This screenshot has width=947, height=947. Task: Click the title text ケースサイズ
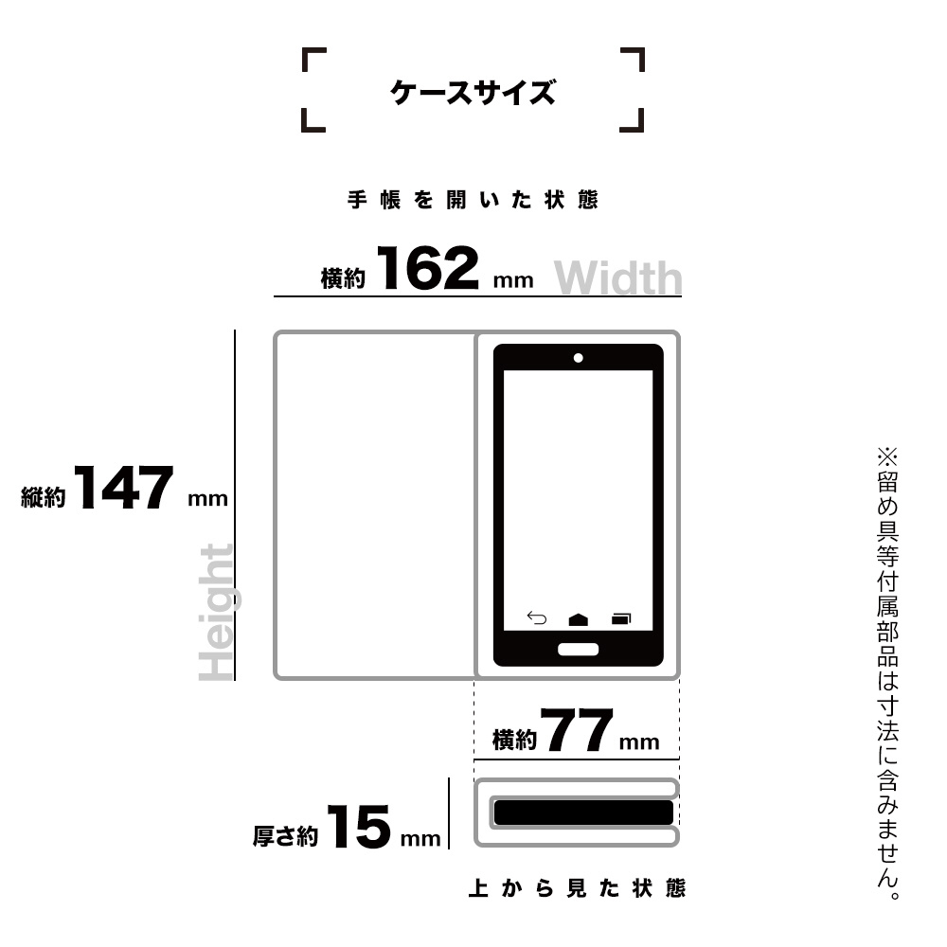click(473, 93)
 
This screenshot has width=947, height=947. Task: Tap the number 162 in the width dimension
click(428, 268)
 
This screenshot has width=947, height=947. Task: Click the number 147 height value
click(123, 488)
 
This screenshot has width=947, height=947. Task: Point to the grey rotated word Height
click(216, 612)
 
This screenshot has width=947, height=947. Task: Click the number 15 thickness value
click(359, 827)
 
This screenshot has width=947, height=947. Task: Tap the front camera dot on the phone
click(578, 358)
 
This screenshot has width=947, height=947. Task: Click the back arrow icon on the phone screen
click(536, 617)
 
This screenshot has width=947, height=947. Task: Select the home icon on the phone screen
click(578, 619)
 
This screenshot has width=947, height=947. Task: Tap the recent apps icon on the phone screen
click(621, 618)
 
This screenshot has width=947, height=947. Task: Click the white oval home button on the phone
click(578, 650)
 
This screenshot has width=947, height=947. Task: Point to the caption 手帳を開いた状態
click(473, 200)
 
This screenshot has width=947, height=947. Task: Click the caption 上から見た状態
click(577, 888)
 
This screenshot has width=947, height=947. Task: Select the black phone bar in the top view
click(583, 813)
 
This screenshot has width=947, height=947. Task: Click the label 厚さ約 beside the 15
click(285, 836)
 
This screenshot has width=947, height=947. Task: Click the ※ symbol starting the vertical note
click(887, 456)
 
